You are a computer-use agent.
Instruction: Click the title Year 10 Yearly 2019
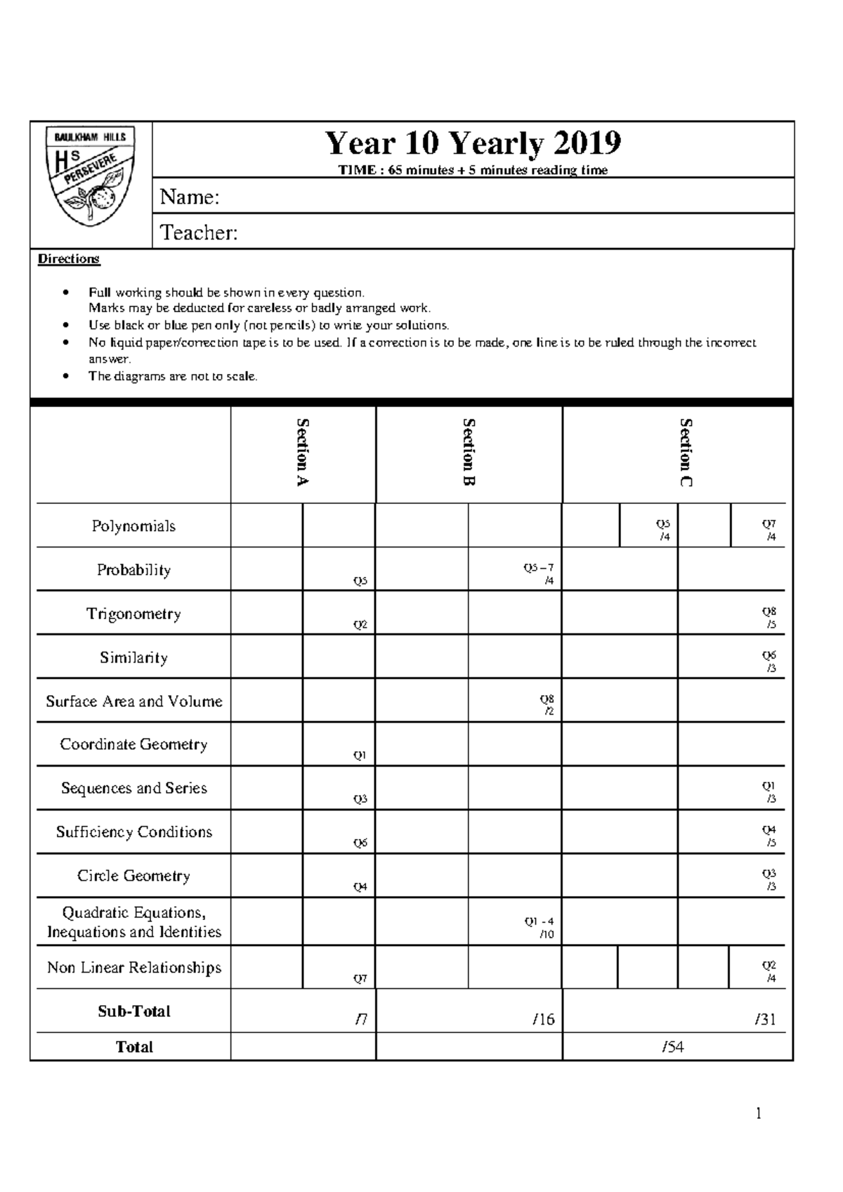tap(473, 144)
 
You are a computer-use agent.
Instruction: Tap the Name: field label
tap(190, 197)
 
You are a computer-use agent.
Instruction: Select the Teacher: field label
tap(199, 233)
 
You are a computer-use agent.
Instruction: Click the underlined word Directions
tap(69, 259)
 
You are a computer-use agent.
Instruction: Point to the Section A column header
tap(303, 452)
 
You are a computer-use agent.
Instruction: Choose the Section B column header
tap(469, 452)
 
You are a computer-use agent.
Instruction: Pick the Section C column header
tap(686, 452)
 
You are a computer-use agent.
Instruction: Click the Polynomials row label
tap(133, 526)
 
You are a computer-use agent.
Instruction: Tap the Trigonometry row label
tap(133, 614)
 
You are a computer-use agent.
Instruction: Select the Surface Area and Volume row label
tap(133, 701)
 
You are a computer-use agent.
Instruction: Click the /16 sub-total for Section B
tap(543, 1020)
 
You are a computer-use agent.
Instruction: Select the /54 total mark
tap(672, 1047)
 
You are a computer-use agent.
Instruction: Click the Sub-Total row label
tap(133, 1011)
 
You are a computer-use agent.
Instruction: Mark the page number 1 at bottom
tap(759, 1113)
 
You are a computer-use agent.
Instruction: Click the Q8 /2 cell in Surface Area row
tap(547, 705)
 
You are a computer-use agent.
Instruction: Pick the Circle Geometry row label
tap(133, 876)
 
